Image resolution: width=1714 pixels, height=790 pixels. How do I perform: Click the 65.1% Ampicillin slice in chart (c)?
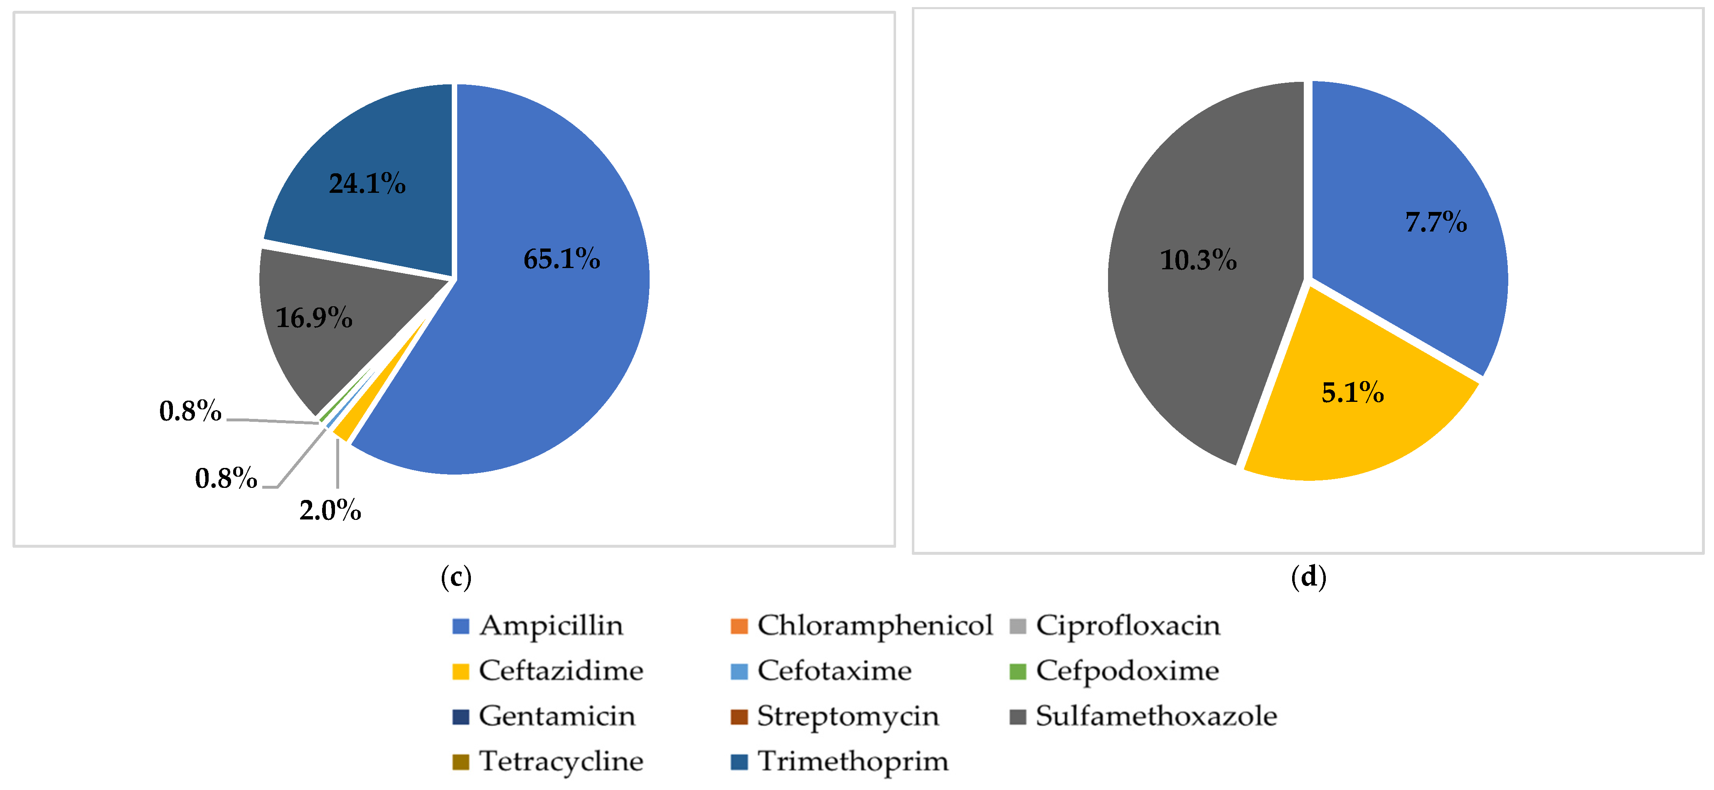[546, 313]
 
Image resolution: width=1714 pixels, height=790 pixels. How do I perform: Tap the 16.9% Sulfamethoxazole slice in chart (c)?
[326, 326]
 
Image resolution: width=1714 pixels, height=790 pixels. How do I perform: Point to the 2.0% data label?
[330, 510]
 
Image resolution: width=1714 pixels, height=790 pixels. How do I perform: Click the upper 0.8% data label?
[190, 411]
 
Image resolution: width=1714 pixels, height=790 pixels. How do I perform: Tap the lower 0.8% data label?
[226, 478]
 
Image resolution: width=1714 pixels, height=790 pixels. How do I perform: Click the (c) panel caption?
[456, 576]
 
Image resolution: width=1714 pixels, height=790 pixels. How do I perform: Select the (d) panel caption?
[1308, 576]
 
